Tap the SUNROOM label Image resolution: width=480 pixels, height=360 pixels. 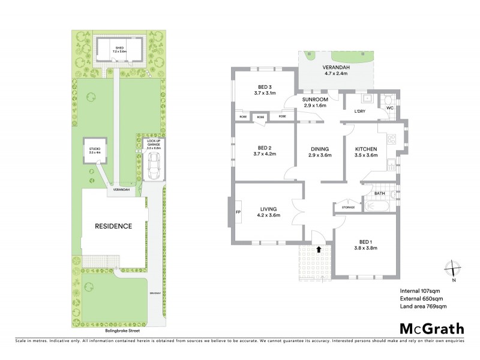[314, 102]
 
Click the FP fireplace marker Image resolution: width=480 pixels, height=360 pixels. [238, 212]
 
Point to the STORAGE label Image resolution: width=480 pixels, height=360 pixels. [348, 208]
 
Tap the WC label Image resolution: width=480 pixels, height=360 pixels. [389, 108]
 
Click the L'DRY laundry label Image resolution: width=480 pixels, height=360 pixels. [360, 112]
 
